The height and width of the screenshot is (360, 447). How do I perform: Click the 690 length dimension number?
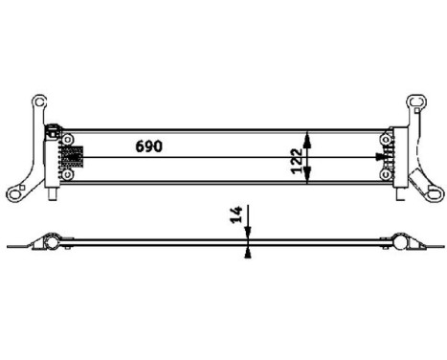coord(148,146)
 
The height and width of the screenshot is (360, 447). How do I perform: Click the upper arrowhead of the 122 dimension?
coord(306,133)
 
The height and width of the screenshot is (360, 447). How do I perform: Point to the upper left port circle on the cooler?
coord(68,140)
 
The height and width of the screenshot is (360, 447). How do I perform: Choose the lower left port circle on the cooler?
coord(68,174)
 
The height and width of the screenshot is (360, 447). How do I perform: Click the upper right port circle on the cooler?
coord(385,140)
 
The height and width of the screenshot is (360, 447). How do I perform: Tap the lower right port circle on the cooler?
coord(385,174)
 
